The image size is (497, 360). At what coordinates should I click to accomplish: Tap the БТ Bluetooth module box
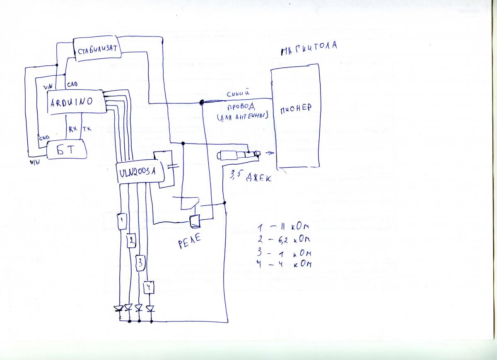66,149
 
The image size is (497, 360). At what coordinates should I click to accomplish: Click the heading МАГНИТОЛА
309,49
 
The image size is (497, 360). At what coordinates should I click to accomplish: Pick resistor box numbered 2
131,240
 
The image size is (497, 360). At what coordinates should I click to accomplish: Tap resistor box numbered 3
140,262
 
